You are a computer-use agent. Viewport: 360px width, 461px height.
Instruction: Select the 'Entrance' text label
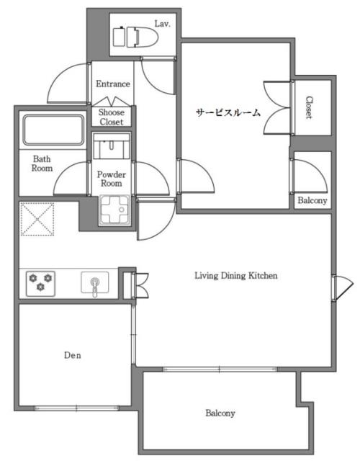[x=113, y=84]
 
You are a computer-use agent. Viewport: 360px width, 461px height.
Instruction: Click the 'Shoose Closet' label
[x=112, y=117]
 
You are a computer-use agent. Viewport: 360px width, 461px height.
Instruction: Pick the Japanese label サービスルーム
[x=228, y=113]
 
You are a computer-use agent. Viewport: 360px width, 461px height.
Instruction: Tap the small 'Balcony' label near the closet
[x=312, y=200]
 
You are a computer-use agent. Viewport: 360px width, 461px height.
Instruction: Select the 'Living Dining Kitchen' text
[x=236, y=275]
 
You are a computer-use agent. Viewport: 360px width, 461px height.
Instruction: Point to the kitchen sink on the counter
[x=94, y=283]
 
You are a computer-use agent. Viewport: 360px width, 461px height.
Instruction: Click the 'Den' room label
[x=71, y=355]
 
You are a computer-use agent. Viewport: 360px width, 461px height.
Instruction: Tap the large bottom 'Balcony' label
[x=220, y=413]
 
